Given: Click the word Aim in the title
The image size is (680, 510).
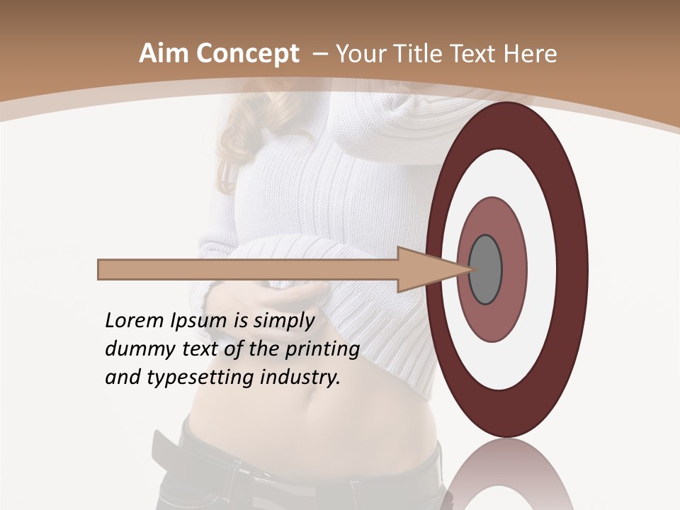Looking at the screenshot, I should click(x=163, y=54).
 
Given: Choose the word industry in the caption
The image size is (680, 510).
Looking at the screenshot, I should click(x=300, y=378).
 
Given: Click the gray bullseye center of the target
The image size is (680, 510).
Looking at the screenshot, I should click(x=485, y=270).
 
